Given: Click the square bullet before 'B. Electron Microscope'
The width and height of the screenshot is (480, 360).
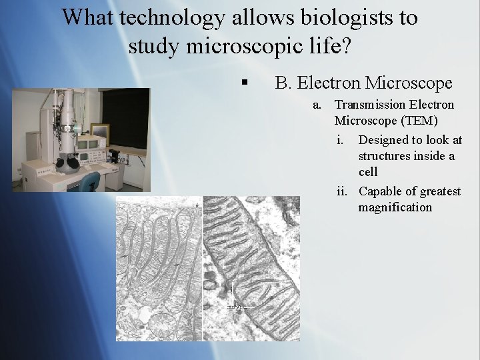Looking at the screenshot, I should click(245, 83).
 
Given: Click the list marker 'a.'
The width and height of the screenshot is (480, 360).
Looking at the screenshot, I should click(318, 105).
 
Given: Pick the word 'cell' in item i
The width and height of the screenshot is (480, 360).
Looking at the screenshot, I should click(368, 172).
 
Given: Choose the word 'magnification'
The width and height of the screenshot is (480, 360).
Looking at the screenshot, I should click(395, 207).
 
